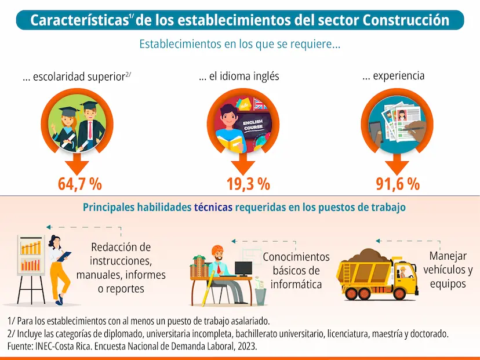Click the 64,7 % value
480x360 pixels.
pyautogui.click(x=80, y=184)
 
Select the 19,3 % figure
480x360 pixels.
pyautogui.click(x=248, y=184)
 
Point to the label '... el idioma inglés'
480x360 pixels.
pyautogui.click(x=238, y=77)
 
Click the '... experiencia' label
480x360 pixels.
pyautogui.click(x=393, y=76)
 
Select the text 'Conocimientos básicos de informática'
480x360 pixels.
pyautogui.click(x=296, y=270)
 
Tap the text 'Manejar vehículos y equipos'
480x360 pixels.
pyautogui.click(x=448, y=270)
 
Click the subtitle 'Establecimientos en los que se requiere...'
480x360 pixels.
pyautogui.click(x=239, y=44)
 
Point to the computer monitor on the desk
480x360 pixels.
pyautogui.click(x=243, y=268)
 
